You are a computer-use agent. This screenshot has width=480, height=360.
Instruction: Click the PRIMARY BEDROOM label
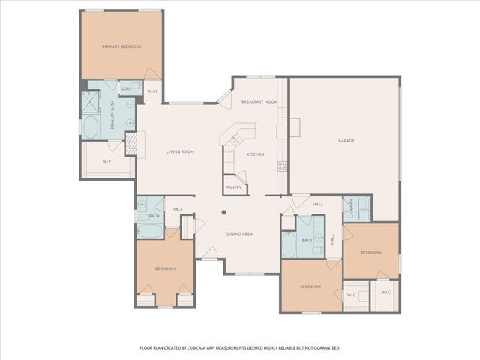click(121, 46)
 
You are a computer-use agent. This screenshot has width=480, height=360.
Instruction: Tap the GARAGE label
click(346, 141)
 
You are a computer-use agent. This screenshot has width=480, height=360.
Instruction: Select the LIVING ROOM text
click(180, 151)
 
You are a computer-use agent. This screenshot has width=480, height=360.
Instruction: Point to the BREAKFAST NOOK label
click(259, 101)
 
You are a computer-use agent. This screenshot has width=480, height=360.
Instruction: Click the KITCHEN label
click(256, 154)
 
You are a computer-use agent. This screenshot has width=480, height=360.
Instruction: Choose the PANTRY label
click(232, 187)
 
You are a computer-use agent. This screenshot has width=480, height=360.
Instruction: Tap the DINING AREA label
click(239, 234)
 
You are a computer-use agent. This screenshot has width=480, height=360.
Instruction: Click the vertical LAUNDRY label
click(347, 209)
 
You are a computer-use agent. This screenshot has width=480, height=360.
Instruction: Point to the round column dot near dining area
click(223, 212)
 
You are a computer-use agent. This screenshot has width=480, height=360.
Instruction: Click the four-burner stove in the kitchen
click(282, 166)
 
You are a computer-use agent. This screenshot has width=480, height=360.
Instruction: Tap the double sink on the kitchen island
click(235, 138)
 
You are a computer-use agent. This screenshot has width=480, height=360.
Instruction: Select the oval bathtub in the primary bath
click(91, 127)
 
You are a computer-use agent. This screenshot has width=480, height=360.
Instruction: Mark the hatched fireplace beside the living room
click(130, 144)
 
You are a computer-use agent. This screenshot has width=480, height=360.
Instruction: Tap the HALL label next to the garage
click(317, 204)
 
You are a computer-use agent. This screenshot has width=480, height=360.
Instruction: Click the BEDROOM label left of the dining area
click(165, 268)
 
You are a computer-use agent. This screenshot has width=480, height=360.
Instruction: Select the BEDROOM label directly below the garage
click(370, 253)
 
